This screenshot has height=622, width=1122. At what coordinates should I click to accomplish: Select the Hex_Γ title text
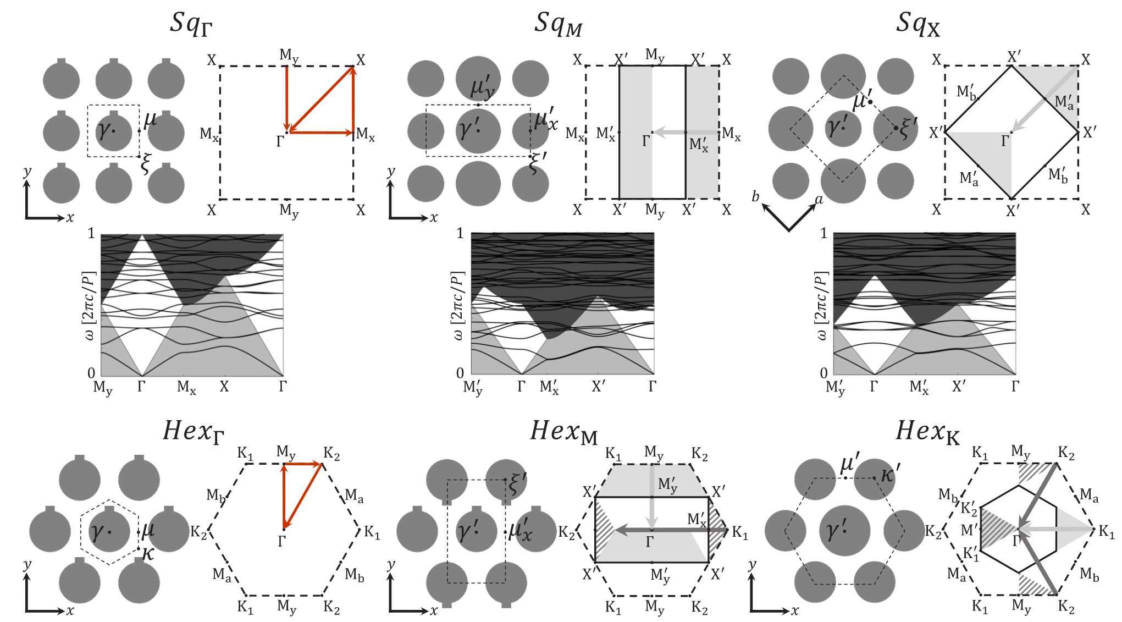click(194, 432)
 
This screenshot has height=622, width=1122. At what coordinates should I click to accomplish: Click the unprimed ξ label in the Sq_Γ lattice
click(145, 164)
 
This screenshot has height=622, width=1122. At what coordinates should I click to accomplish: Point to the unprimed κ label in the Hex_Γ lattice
click(147, 553)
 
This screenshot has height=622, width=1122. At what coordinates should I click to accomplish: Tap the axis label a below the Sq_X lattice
click(819, 199)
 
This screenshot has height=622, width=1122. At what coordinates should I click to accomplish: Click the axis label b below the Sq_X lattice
click(755, 196)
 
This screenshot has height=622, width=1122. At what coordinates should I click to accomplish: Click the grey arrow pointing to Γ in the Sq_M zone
click(686, 132)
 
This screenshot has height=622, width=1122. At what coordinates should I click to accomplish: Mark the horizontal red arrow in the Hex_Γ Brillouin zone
click(302, 464)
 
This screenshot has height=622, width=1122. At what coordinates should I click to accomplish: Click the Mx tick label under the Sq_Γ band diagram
click(186, 388)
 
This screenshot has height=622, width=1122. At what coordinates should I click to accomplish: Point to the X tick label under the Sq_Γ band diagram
click(224, 387)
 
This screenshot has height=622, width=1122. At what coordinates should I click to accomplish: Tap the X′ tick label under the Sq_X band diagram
click(959, 386)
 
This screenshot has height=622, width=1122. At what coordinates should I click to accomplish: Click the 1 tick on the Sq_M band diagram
click(460, 234)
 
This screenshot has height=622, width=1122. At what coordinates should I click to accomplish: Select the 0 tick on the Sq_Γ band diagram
click(91, 373)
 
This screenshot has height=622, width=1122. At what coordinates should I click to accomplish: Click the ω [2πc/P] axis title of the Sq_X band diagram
click(820, 305)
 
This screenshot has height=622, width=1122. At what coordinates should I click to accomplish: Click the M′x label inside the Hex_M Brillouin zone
click(697, 519)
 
